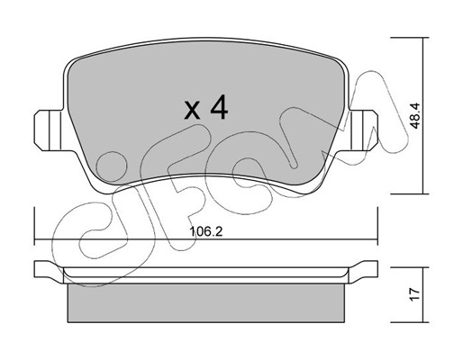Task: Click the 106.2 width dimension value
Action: [x=206, y=231]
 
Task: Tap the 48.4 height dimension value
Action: [x=415, y=116]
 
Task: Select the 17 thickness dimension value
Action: [x=414, y=294]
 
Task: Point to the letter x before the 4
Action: [x=192, y=110]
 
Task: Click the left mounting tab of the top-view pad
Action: [x=48, y=130]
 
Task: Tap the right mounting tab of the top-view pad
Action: [x=363, y=130]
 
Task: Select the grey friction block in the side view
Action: [x=205, y=303]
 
